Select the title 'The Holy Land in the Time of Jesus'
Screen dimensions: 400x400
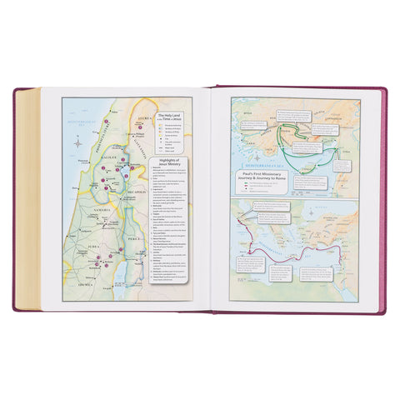coord(164,120)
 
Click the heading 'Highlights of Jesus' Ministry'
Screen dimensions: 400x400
coord(165,164)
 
